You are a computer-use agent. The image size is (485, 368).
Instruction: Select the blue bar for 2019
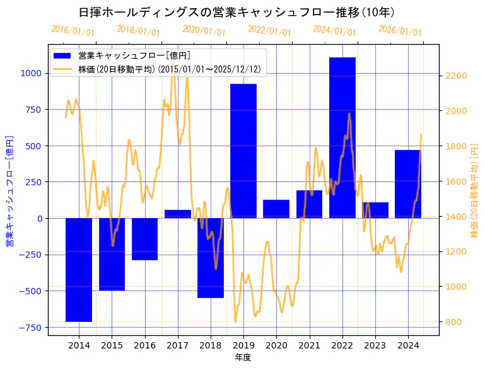pyautogui.click(x=243, y=151)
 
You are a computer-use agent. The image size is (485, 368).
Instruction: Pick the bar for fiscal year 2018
pyautogui.click(x=211, y=258)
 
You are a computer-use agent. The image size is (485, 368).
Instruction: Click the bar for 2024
pyautogui.click(x=408, y=184)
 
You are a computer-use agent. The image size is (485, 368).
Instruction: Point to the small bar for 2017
pyautogui.click(x=178, y=214)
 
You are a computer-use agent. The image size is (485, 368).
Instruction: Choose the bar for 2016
pyautogui.click(x=145, y=239)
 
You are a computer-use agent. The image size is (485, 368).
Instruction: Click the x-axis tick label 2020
pyautogui.click(x=276, y=345)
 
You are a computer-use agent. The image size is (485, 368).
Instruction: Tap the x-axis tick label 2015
pyautogui.click(x=112, y=345)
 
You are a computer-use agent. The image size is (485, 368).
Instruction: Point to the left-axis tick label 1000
pyautogui.click(x=30, y=73)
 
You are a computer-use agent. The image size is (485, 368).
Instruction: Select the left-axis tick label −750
pyautogui.click(x=29, y=328)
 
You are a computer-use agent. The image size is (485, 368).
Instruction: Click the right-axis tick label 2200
pyautogui.click(x=456, y=76)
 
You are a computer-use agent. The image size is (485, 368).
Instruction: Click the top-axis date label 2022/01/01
pyautogui.click(x=269, y=31)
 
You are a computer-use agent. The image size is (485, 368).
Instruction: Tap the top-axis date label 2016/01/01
pyautogui.click(x=73, y=31)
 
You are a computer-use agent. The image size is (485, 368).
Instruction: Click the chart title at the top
pyautogui.click(x=237, y=13)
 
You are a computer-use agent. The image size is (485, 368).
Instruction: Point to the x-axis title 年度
pyautogui.click(x=243, y=357)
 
